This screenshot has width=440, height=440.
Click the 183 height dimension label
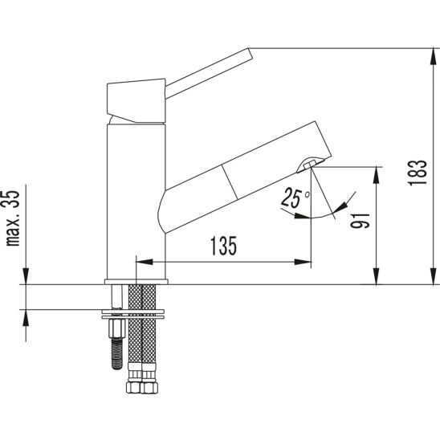point(418,173)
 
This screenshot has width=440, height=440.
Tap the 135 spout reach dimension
point(224,246)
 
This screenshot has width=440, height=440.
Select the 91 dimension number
point(361,221)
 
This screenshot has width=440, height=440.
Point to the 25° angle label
point(295,198)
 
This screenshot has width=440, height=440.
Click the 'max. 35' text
point(13,218)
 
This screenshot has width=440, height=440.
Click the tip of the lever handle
point(251,53)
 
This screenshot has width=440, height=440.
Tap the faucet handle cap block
point(136,100)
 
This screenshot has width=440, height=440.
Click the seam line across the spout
point(230,182)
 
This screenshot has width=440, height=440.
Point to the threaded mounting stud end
point(116,354)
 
